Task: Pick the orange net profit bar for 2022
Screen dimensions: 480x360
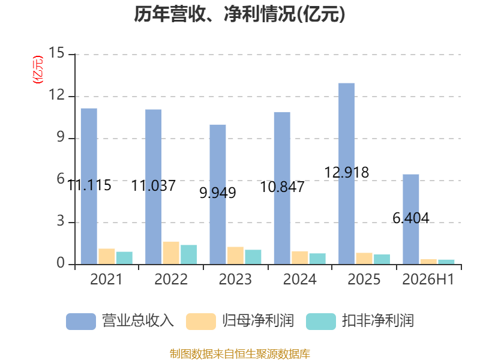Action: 171,253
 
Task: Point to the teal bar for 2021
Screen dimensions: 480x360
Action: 124,258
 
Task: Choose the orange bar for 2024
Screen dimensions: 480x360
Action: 299,258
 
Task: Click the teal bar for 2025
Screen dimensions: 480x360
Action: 382,259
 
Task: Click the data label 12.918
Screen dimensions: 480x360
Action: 347,173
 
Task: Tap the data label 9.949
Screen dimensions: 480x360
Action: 218,193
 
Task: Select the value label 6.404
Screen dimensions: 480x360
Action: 411,218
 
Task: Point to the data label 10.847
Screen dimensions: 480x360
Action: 282,187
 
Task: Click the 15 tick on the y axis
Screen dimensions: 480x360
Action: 56,53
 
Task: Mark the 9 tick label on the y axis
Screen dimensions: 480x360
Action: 61,137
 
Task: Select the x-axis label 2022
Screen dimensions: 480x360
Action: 171,279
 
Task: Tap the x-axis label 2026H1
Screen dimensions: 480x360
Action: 428,279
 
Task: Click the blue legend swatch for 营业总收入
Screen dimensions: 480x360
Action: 81,322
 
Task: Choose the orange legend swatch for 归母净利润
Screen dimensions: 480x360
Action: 201,322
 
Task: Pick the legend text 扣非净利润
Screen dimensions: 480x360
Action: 378,321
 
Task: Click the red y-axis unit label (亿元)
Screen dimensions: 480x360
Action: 38,70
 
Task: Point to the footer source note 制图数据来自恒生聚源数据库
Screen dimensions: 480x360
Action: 240,354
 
